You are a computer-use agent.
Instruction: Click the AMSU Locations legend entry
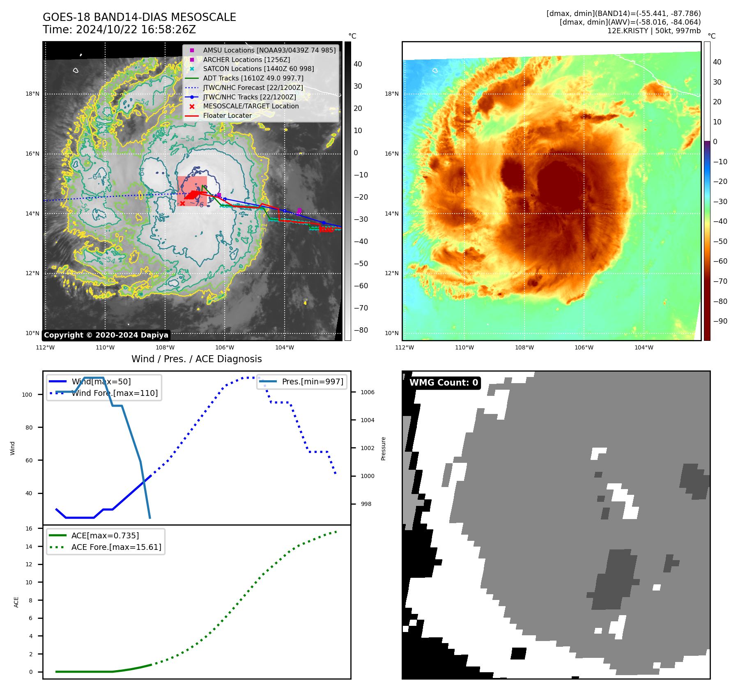[269, 50]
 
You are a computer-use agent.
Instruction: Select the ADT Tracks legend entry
[253, 78]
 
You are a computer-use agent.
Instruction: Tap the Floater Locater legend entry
[227, 115]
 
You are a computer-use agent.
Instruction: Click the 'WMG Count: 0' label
[444, 382]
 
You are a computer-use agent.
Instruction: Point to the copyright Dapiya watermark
[106, 335]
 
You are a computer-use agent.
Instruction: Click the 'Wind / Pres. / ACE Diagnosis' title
[196, 359]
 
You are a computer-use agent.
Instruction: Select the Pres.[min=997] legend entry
[312, 381]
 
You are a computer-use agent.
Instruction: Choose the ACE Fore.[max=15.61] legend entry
[116, 547]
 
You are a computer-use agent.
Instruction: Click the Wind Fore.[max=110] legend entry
[115, 393]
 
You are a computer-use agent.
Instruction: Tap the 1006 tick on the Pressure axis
[367, 392]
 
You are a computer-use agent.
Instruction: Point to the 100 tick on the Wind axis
[27, 395]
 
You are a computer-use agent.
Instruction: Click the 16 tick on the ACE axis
[29, 529]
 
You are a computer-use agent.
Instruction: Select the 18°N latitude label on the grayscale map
[32, 94]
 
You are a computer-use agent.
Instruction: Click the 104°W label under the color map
[644, 347]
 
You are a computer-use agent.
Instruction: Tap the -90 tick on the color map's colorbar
[720, 321]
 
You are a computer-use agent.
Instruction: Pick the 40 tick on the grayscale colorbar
[358, 64]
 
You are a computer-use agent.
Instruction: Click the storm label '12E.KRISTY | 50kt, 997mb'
[654, 30]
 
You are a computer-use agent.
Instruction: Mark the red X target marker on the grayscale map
[182, 203]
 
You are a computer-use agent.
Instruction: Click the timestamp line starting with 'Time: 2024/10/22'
[119, 30]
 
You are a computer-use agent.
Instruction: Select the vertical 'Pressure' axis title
[383, 448]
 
